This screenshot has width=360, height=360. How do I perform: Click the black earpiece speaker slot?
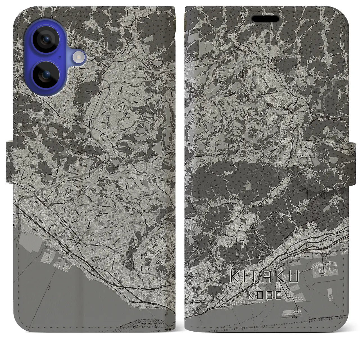pyautogui.click(x=265, y=19)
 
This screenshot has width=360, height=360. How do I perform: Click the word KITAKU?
pyautogui.click(x=261, y=277)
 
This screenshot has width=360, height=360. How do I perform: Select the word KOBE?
pyautogui.click(x=261, y=295)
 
